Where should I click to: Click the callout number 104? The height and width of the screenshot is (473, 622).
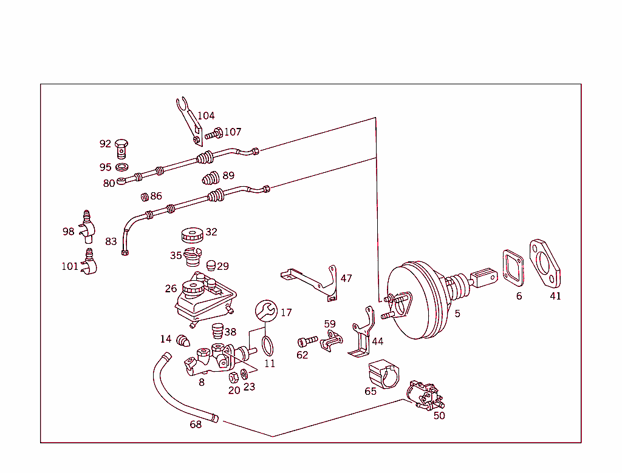206,115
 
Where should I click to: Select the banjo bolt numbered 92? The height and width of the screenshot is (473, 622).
122,147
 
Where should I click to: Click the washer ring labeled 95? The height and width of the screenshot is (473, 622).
121,167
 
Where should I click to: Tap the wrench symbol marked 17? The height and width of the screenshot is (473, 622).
266,311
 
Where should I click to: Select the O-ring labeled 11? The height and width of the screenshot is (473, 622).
268,346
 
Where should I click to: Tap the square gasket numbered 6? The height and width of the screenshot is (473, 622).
513,268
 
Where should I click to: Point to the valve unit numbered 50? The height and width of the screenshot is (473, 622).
426,397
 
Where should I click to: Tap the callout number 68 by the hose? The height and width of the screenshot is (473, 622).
196,424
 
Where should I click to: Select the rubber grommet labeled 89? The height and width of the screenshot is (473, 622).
210,179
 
